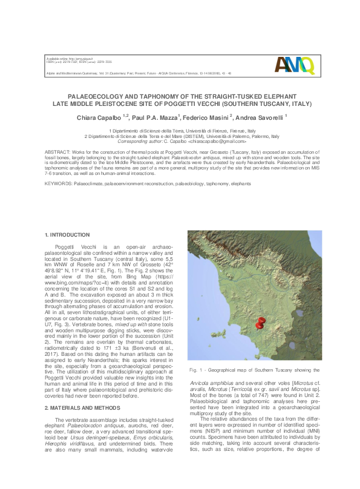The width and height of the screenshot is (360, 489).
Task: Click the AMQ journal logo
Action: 294,64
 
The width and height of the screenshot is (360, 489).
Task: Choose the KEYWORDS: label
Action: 59,182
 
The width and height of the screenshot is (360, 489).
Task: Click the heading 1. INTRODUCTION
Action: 68,234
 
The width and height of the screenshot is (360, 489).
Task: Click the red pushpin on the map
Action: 260,323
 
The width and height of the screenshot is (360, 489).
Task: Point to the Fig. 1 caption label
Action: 196,369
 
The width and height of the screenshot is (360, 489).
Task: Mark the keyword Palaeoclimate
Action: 88,182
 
